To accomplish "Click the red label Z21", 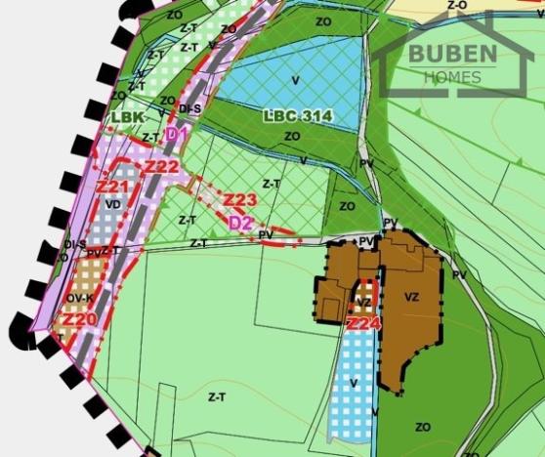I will (x=113, y=185).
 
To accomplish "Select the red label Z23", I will (x=239, y=200).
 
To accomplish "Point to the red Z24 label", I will (x=363, y=322).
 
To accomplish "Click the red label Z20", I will (x=80, y=318).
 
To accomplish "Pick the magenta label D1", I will (x=177, y=133).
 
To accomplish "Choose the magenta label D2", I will (x=240, y=223).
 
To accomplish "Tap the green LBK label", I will (x=128, y=118).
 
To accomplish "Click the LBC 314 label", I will (x=298, y=116).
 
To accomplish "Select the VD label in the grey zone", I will (x=113, y=205).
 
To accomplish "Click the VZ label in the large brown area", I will (x=411, y=296).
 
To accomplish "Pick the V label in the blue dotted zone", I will (x=354, y=383).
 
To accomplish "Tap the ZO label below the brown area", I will (x=423, y=427).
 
